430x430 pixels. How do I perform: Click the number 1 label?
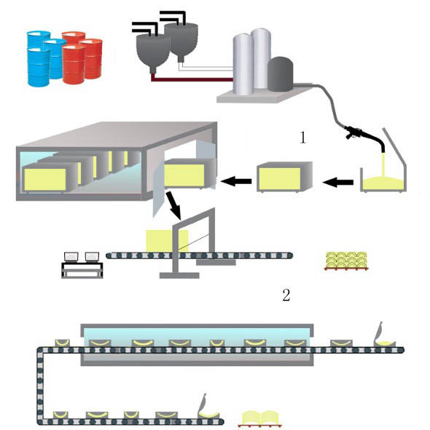coord(303,138)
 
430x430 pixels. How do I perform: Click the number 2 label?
coord(286,295)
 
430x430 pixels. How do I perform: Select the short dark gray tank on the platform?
coord(279,74)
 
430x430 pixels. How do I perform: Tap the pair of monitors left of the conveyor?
coord(82,257)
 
